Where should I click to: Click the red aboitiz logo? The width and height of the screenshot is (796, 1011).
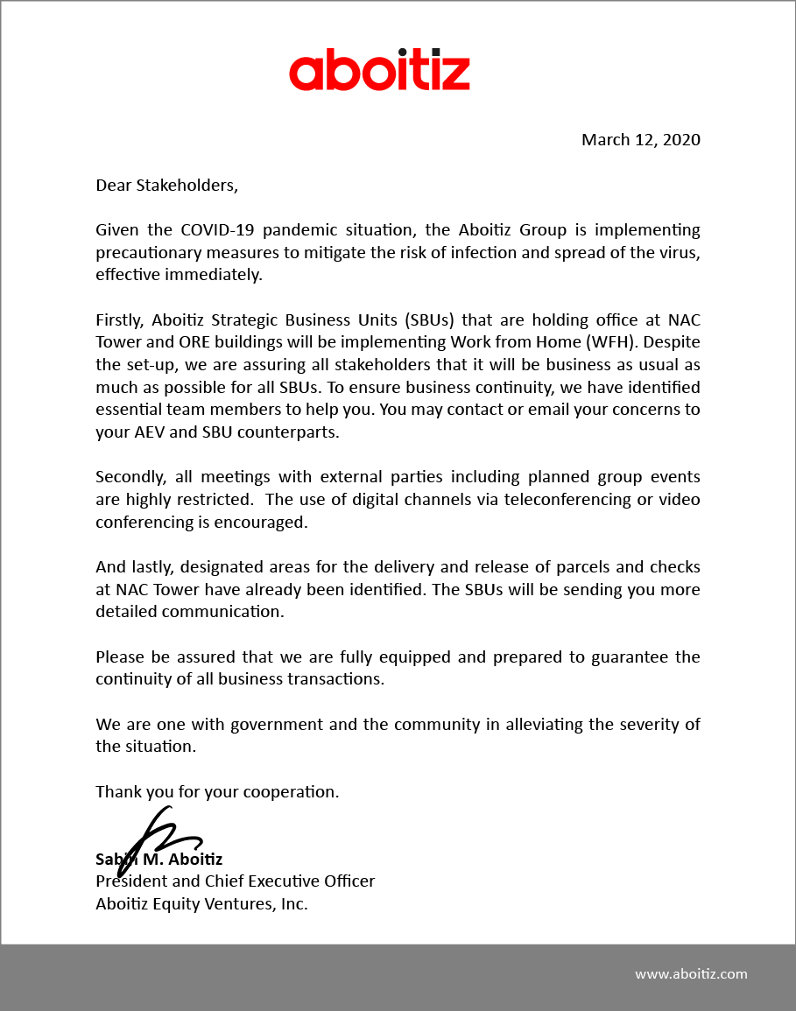379,73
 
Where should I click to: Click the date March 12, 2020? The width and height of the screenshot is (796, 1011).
641,139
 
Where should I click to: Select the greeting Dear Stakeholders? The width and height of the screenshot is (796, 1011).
166,186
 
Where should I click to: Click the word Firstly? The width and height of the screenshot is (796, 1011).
123,319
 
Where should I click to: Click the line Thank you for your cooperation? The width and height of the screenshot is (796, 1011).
217,791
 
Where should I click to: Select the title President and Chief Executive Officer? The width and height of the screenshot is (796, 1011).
235,881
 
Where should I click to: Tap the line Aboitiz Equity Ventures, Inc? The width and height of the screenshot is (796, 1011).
201,903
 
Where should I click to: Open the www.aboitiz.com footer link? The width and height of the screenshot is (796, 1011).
691,973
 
